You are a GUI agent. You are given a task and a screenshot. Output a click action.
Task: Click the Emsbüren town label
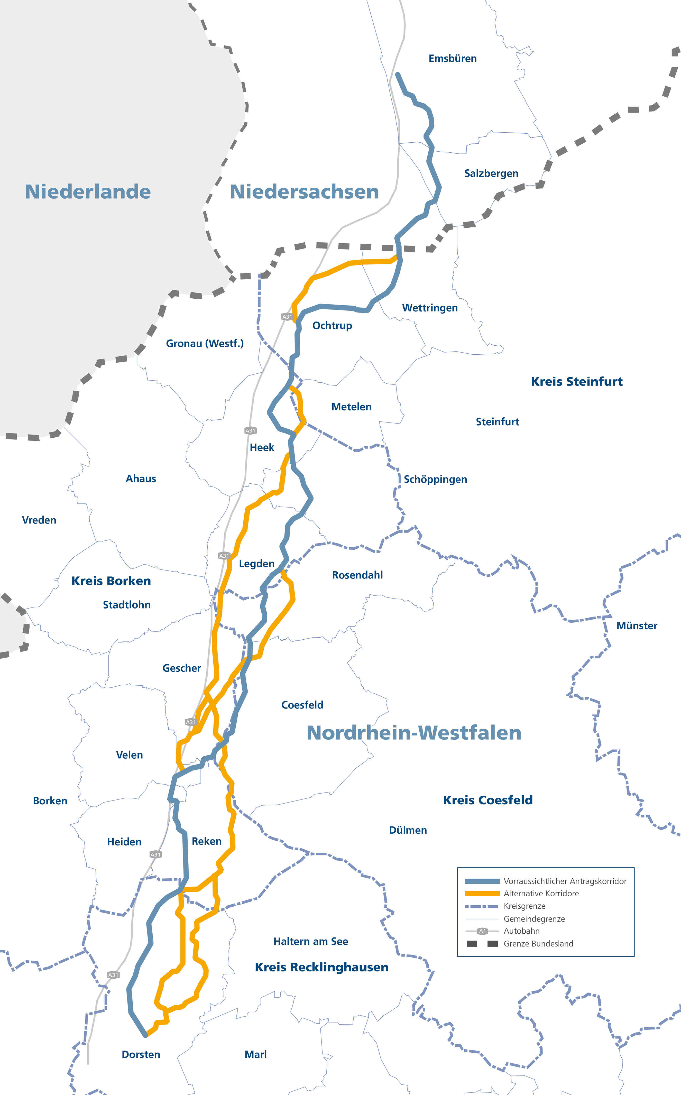click(452, 59)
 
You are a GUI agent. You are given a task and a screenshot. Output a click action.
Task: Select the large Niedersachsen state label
click(305, 192)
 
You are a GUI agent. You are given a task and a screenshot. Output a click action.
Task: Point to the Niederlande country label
click(88, 192)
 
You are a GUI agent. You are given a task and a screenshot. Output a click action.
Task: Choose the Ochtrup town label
click(332, 326)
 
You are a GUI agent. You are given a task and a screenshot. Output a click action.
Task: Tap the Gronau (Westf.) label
click(205, 344)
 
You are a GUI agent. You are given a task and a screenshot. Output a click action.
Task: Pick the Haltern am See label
click(310, 941)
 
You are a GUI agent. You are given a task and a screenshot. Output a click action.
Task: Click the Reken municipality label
click(206, 841)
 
